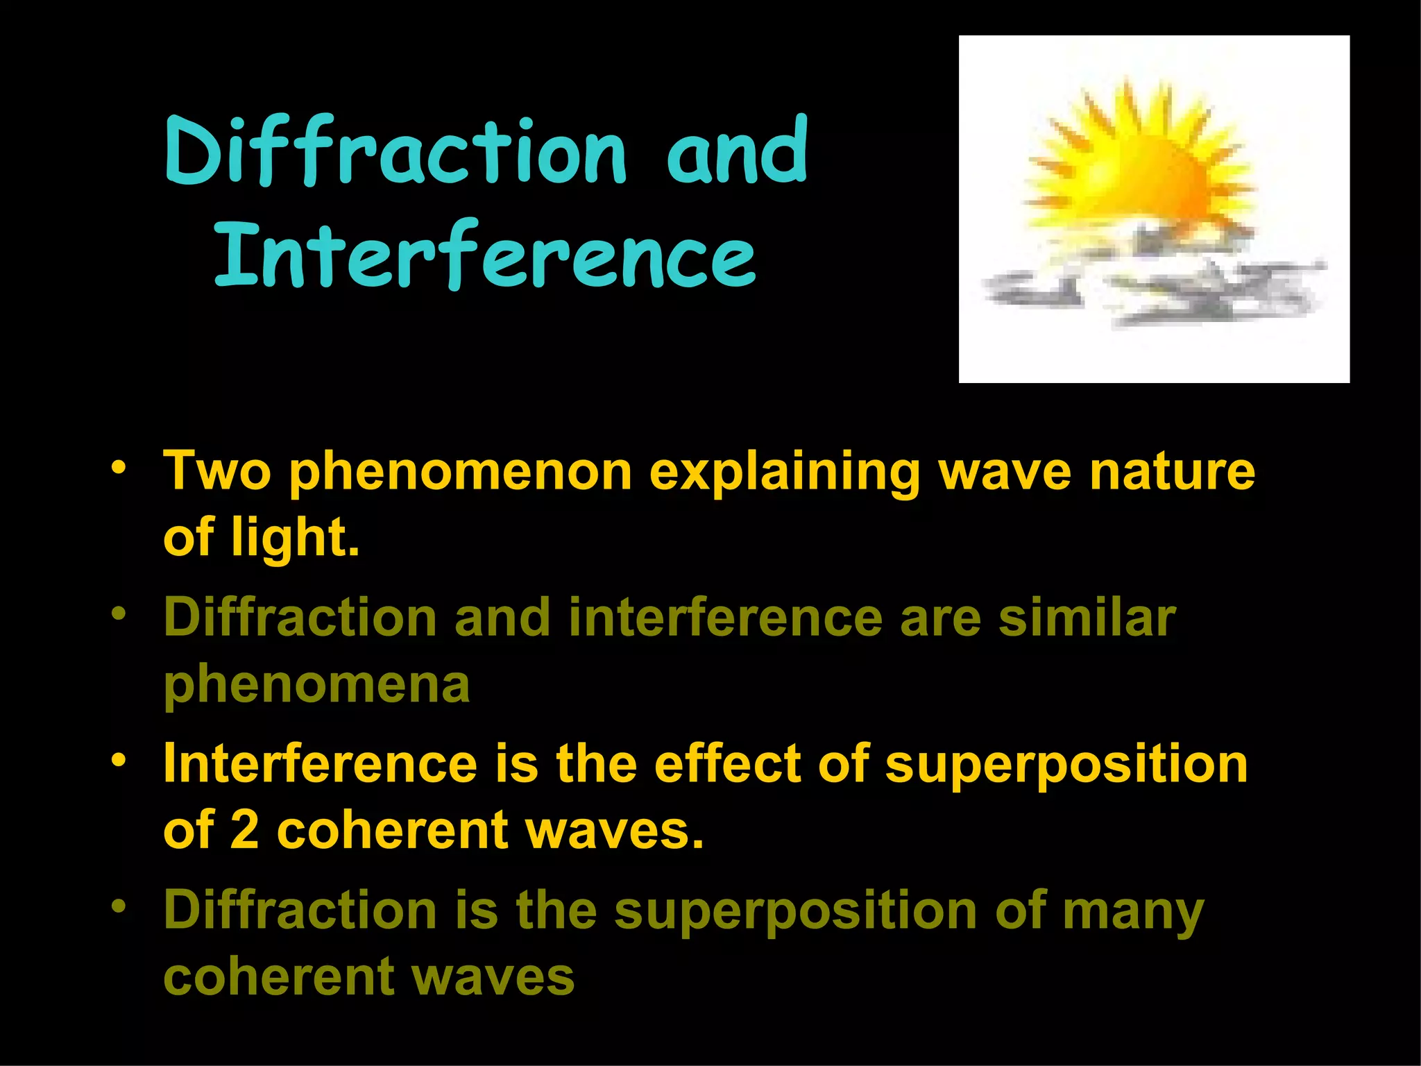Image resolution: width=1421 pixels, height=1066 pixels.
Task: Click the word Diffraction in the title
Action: pos(395,151)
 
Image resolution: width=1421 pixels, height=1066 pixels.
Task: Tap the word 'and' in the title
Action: pos(737,151)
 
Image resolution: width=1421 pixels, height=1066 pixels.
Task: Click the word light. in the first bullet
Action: pos(296,538)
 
